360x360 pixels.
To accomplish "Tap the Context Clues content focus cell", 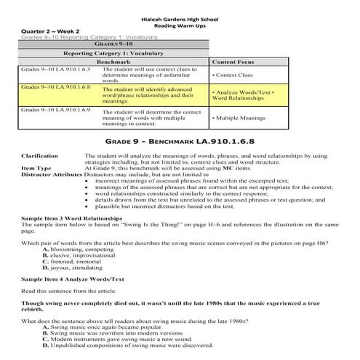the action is tap(233, 75).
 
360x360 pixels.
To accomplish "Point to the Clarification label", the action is tap(40, 156).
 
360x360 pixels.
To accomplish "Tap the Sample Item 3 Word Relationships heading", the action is tap(75, 218).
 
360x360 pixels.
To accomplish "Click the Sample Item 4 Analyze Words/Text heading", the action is tap(73, 279).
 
